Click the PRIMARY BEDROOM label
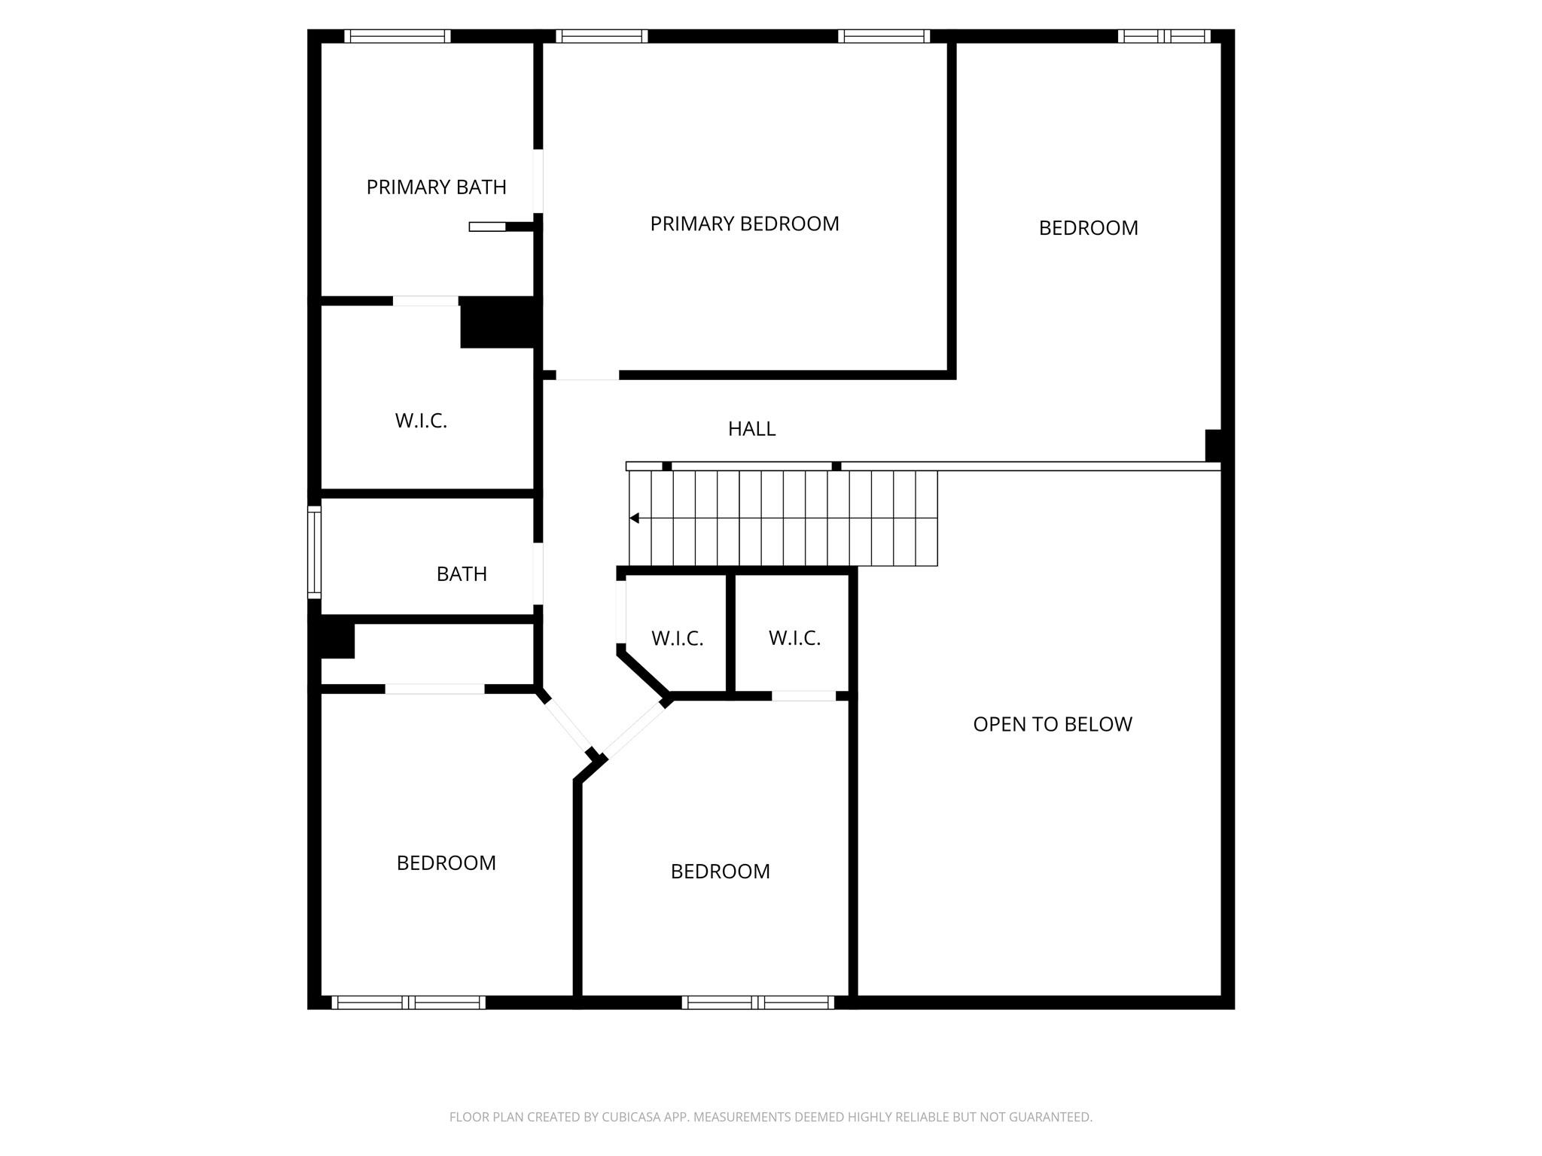[x=744, y=224]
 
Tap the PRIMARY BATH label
[x=436, y=187]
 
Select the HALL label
[x=751, y=429]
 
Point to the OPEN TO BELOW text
[x=1052, y=724]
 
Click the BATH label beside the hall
[x=462, y=574]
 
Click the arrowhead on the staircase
[x=635, y=518]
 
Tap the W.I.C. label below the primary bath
[x=421, y=421]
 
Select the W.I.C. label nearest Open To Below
[x=794, y=638]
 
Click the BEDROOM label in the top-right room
[x=1088, y=228]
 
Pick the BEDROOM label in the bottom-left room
[x=446, y=862]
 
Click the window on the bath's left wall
[x=314, y=552]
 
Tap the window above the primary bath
[x=397, y=36]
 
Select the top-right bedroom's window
[x=1163, y=36]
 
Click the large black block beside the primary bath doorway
[x=498, y=322]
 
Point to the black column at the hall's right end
[x=1212, y=445]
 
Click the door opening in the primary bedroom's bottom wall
[x=587, y=375]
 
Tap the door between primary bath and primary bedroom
[x=538, y=181]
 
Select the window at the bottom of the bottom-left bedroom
[x=408, y=1002]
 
